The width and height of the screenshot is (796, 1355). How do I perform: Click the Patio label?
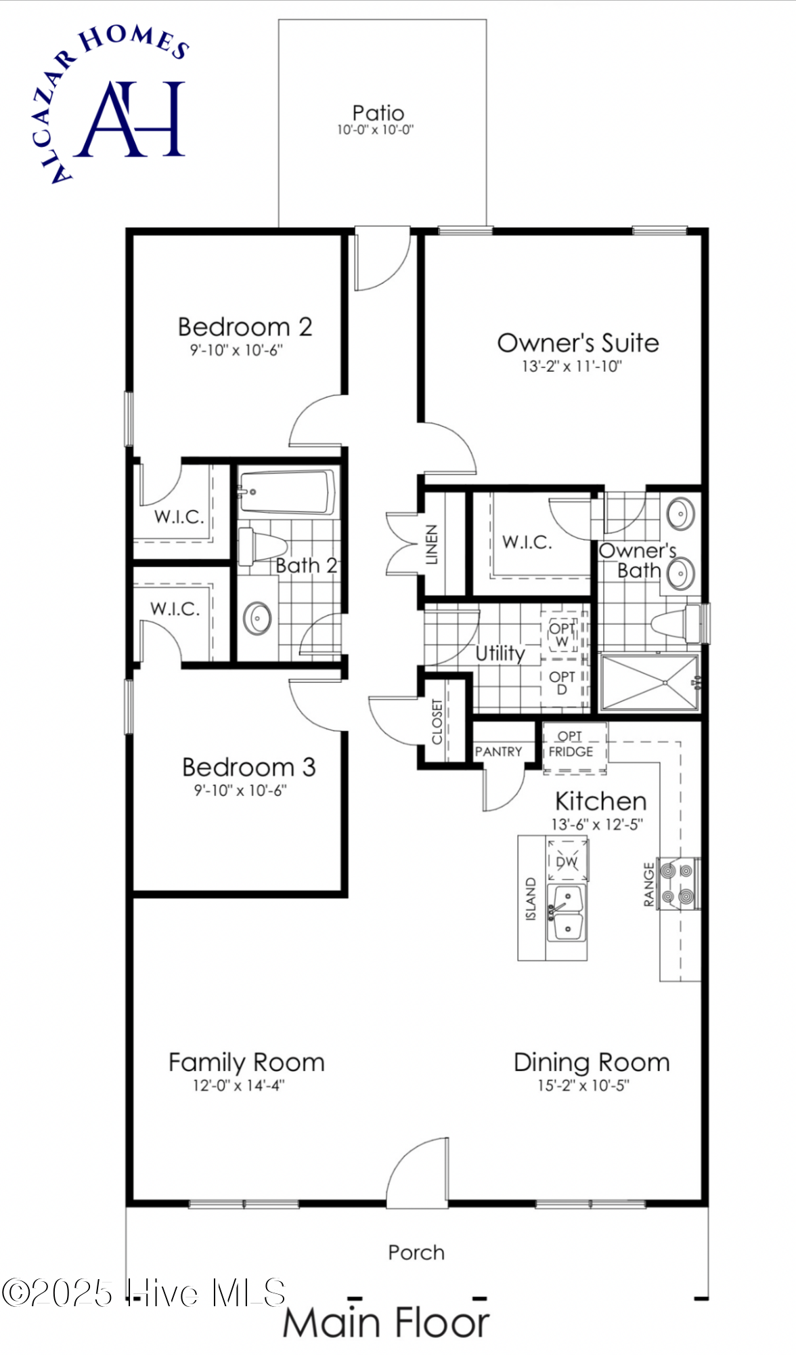(378, 113)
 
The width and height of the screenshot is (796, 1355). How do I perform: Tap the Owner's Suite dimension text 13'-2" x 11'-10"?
(571, 367)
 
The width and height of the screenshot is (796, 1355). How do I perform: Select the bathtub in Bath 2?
(287, 493)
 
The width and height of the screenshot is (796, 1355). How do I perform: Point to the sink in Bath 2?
(257, 618)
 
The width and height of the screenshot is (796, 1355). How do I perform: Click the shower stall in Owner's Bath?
(649, 683)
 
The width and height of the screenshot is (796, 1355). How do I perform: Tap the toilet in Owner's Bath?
(677, 623)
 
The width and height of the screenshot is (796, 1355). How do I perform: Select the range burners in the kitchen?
(678, 883)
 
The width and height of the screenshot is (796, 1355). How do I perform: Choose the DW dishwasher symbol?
(567, 860)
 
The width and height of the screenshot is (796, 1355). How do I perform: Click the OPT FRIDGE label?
(571, 744)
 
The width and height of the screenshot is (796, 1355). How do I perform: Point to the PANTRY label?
(499, 751)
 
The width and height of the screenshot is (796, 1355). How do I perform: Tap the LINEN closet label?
(432, 544)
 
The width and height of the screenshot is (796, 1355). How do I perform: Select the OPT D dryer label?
(562, 683)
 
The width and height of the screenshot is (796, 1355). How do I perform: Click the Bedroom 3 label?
(248, 767)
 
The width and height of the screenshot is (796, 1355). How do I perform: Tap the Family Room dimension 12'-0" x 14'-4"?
(239, 1085)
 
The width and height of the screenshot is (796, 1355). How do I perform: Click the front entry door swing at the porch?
(417, 1173)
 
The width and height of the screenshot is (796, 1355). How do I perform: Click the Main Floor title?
(386, 1322)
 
